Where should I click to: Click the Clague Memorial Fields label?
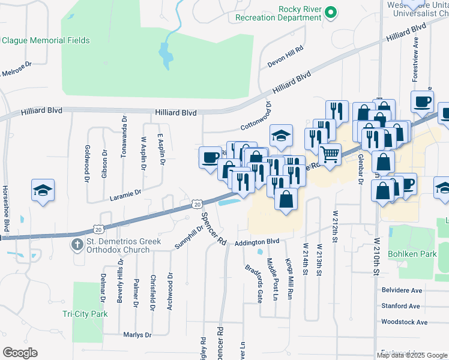click(x=46, y=41)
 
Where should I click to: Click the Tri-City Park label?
click(x=85, y=314)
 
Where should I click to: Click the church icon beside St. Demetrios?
click(x=76, y=244)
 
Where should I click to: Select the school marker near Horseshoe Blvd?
click(x=43, y=190)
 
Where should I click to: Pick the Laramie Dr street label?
click(x=125, y=193)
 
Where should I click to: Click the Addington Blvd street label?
click(x=258, y=241)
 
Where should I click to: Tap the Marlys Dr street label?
click(x=137, y=335)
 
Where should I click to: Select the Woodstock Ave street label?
click(x=404, y=322)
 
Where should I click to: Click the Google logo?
click(x=20, y=353)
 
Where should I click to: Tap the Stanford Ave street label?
click(x=400, y=306)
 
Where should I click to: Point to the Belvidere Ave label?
click(x=402, y=290)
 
